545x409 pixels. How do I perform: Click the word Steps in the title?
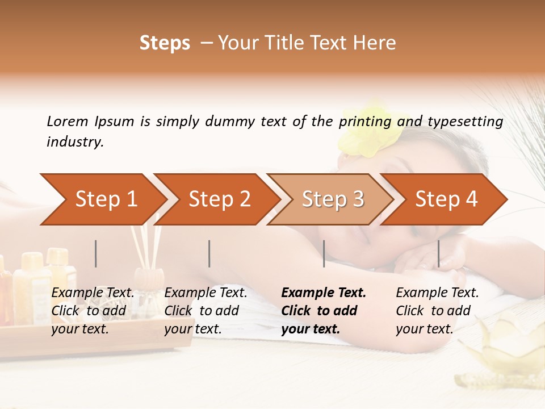coord(165,43)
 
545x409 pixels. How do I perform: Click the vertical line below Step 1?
coord(96,253)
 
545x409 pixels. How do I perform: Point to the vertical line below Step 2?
coord(209,253)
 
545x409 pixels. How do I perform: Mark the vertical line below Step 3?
coord(324,253)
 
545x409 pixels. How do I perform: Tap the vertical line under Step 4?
coord(438,253)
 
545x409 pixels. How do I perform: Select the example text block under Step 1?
coord(93,311)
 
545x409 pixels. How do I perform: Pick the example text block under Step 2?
coord(206,311)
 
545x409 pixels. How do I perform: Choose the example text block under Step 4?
coord(437,311)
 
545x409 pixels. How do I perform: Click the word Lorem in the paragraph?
coord(68,122)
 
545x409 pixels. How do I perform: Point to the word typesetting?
coord(465,122)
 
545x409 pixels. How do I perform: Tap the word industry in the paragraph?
coord(74,142)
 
